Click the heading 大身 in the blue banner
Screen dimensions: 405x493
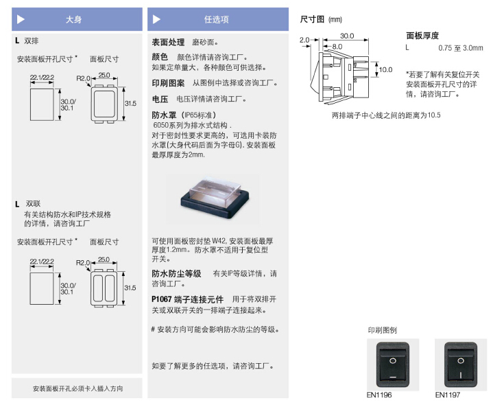pyautogui.click(x=73, y=20)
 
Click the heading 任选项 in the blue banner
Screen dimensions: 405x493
pyautogui.click(x=216, y=20)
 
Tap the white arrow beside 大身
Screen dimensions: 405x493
pyautogui.click(x=21, y=20)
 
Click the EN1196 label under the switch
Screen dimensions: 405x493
pyautogui.click(x=380, y=395)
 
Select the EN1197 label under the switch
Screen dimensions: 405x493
pyautogui.click(x=447, y=395)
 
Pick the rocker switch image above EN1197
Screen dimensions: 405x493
pyautogui.click(x=456, y=364)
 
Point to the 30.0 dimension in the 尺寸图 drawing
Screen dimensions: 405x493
pyautogui.click(x=346, y=36)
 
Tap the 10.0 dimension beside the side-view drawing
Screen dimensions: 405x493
pyautogui.click(x=385, y=69)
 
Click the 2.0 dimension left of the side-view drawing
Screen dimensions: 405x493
pyautogui.click(x=305, y=40)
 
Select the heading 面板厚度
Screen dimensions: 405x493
pyautogui.click(x=422, y=36)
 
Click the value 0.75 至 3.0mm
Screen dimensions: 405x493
pyautogui.click(x=460, y=48)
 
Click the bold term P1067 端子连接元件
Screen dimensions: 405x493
pyautogui.click(x=189, y=299)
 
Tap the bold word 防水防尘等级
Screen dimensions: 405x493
pyautogui.click(x=176, y=273)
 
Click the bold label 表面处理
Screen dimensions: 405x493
pyautogui.click(x=168, y=43)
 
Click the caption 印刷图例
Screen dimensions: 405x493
pyautogui.click(x=382, y=330)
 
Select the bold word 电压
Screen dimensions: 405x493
pyautogui.click(x=160, y=99)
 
